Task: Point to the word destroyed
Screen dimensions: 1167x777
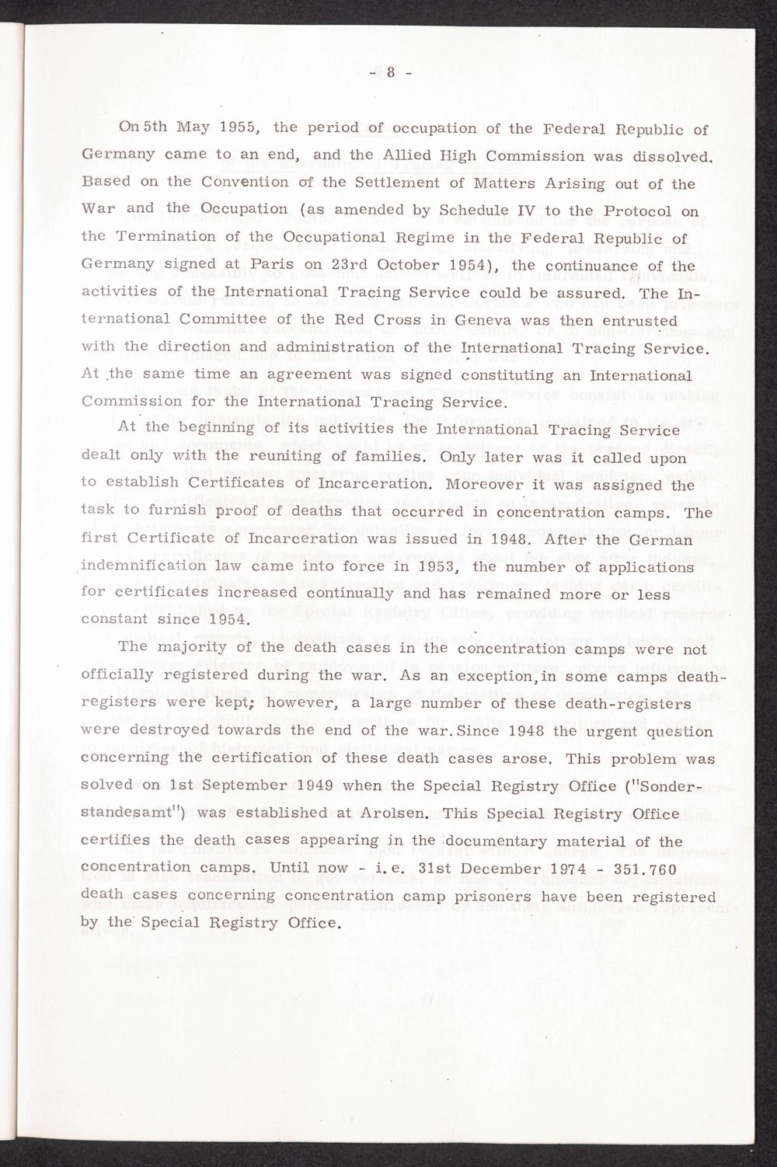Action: (x=176, y=730)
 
